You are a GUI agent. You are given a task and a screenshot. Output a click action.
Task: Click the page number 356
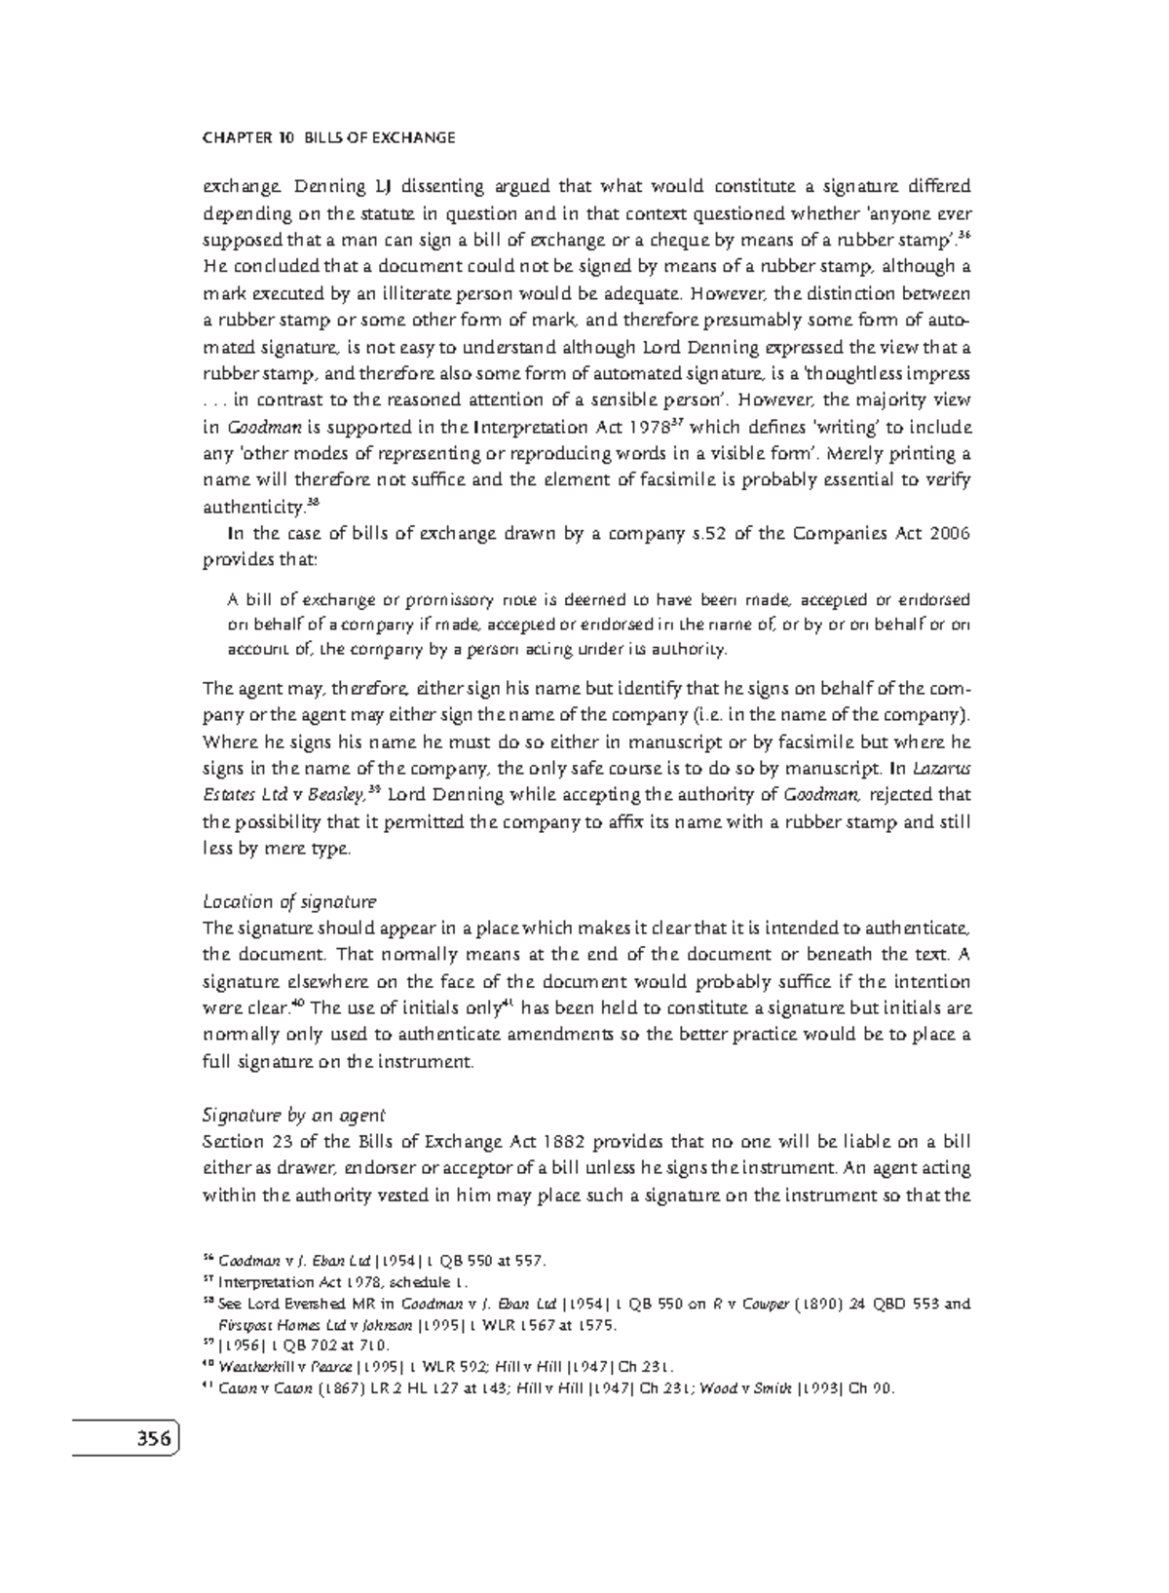pos(149,1438)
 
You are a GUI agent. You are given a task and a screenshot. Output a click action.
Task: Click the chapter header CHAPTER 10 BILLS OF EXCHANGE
pos(328,137)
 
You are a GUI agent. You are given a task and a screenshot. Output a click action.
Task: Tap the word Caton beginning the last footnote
pos(239,1388)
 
